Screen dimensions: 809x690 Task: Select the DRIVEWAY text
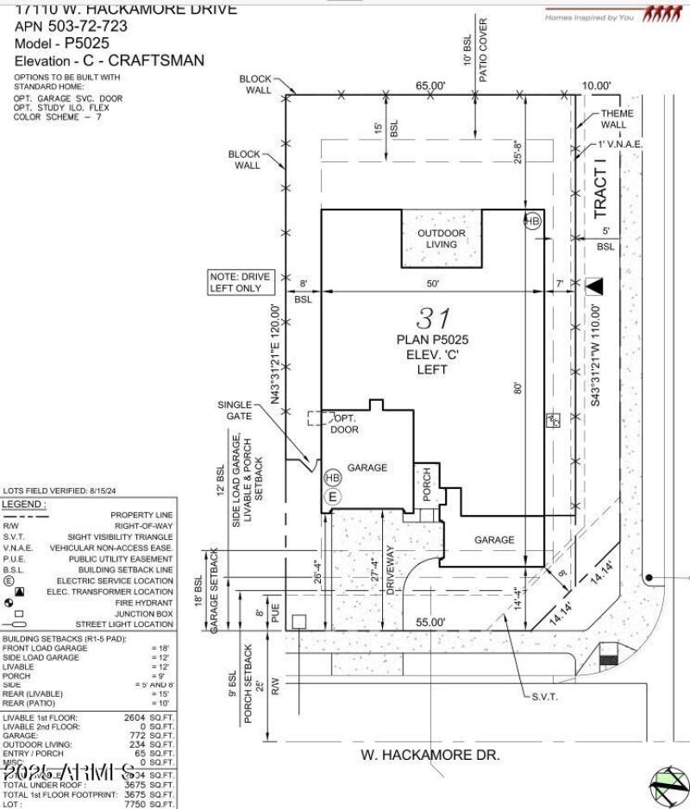click(x=390, y=570)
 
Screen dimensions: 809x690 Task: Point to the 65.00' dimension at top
click(x=431, y=85)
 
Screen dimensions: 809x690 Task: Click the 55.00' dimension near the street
click(x=431, y=622)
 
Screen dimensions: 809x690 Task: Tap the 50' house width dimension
click(x=433, y=284)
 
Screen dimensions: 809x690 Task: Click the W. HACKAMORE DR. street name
click(x=429, y=755)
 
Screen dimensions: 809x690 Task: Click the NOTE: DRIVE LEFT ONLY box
click(x=239, y=282)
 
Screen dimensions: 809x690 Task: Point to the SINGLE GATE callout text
click(x=234, y=411)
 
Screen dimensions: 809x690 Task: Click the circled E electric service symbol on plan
click(x=332, y=496)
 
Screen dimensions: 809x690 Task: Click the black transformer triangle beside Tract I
click(x=595, y=285)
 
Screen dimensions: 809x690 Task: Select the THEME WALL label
click(x=617, y=118)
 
